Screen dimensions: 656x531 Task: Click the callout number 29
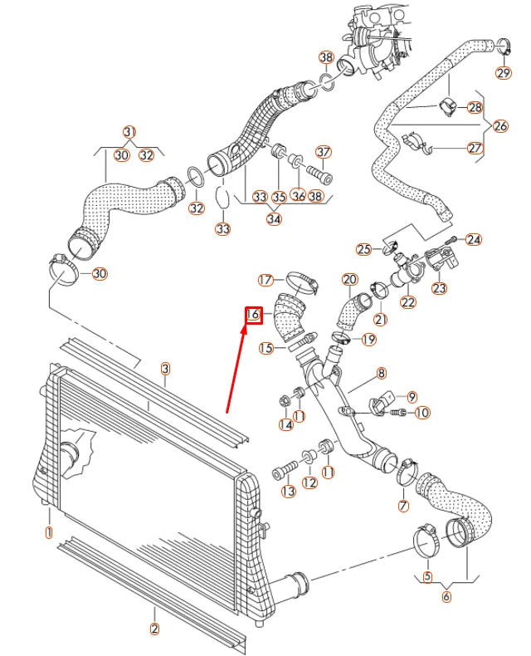click(504, 73)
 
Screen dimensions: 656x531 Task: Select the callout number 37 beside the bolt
click(323, 153)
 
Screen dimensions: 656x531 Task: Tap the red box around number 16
click(254, 315)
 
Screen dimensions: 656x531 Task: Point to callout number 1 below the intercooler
click(48, 531)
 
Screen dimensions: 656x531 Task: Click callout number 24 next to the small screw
click(473, 239)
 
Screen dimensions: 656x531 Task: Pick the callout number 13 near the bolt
click(289, 492)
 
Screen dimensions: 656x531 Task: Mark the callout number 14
click(285, 424)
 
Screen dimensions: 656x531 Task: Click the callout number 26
click(499, 127)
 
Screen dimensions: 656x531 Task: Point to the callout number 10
click(421, 412)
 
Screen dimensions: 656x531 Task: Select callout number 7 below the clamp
click(404, 506)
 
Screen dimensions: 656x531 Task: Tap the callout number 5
click(427, 576)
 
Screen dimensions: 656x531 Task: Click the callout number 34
click(273, 219)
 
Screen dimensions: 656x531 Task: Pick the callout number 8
click(382, 375)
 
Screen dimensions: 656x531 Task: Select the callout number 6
click(447, 596)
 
